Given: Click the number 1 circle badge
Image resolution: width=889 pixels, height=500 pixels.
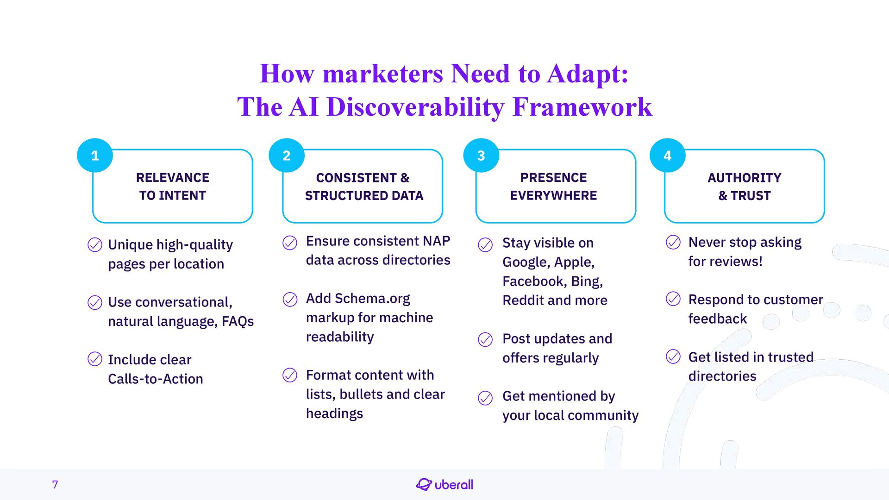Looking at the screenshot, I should click(x=95, y=156).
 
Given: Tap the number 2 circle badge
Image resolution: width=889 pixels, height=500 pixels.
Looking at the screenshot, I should click(x=287, y=156).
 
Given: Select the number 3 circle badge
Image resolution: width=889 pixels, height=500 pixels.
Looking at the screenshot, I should click(x=481, y=156).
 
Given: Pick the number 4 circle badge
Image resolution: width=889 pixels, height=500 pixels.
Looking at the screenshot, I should click(x=667, y=156).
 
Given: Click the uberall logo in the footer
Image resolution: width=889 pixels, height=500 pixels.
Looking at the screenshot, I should click(x=444, y=485).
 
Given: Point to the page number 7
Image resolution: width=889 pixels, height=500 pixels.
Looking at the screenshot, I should click(x=55, y=485).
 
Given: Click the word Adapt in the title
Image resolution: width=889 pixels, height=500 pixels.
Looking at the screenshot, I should click(x=587, y=74).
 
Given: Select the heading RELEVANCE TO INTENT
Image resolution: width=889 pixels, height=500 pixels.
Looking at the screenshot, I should click(x=173, y=187).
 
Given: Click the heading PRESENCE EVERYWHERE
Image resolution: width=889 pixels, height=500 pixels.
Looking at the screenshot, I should click(x=553, y=187).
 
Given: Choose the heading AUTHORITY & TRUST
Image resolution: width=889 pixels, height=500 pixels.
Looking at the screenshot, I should click(x=744, y=187).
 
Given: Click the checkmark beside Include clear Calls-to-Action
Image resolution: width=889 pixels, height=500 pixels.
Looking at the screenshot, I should click(x=95, y=359).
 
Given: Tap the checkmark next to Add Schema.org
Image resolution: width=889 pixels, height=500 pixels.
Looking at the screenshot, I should click(x=290, y=300).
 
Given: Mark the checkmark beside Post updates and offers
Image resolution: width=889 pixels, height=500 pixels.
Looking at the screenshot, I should click(x=485, y=340).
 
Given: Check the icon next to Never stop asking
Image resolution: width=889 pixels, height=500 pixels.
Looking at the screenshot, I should click(x=673, y=242).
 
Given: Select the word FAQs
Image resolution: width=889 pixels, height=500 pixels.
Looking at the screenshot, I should click(x=238, y=321).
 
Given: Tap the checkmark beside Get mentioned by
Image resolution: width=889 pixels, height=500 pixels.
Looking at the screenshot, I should click(x=485, y=398).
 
